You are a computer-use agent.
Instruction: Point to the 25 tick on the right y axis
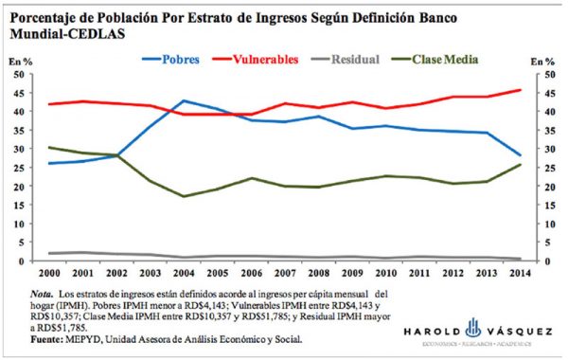pos(539,168)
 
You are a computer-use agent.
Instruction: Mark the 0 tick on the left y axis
pos(29,261)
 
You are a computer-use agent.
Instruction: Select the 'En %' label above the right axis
pos(542,61)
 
